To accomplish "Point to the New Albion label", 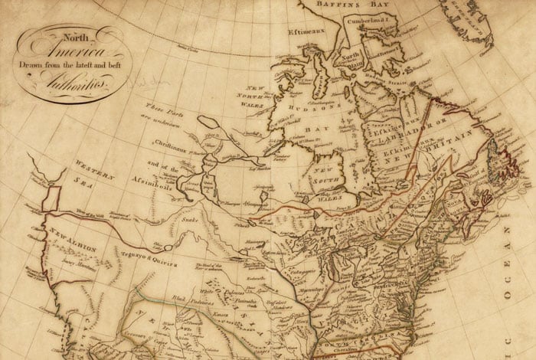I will pos(64,236).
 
